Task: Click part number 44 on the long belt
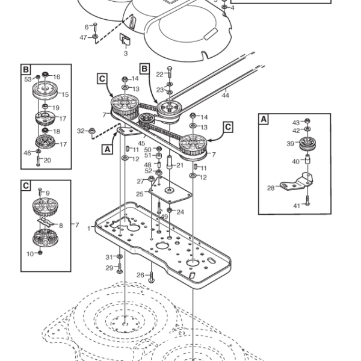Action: click(225, 95)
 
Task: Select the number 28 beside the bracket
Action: click(271, 188)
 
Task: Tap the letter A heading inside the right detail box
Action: click(264, 119)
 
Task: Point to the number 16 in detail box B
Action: click(57, 76)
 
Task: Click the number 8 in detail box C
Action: click(61, 226)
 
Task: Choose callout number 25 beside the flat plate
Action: click(140, 194)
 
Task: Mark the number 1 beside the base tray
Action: click(89, 229)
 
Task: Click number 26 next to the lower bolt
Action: click(140, 275)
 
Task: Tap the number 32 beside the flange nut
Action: click(81, 131)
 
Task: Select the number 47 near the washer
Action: click(83, 37)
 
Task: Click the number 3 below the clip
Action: click(126, 54)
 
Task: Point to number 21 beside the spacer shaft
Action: click(180, 165)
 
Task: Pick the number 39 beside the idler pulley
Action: click(291, 144)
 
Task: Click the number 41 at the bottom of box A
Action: click(297, 206)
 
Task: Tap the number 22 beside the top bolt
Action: click(160, 75)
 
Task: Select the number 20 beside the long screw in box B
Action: click(47, 160)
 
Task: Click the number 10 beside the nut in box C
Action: click(30, 254)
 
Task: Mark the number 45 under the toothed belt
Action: click(141, 143)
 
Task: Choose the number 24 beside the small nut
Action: click(180, 212)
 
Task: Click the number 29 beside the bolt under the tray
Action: click(110, 268)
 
